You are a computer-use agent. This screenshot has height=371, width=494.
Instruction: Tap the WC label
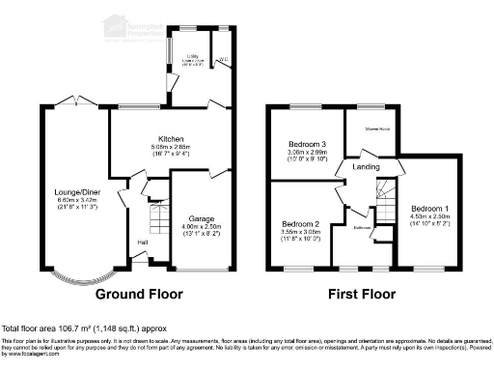coord(225,60)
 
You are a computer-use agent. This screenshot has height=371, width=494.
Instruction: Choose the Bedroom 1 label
coord(426,209)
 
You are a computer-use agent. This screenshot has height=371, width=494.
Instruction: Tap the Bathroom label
coord(362,228)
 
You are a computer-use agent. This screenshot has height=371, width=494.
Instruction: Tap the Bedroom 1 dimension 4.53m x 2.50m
coord(426,216)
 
